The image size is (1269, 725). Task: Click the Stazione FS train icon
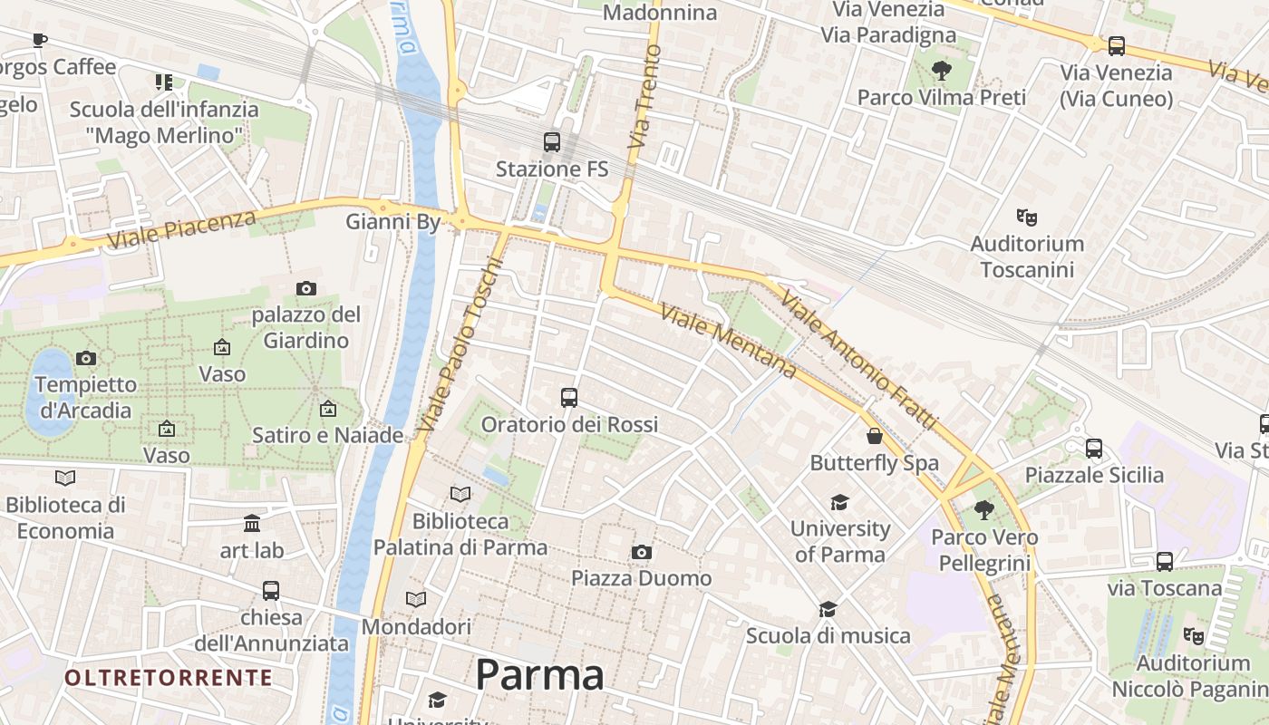click(551, 142)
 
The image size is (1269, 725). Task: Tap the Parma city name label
click(539, 675)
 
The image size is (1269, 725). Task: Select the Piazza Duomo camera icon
click(642, 552)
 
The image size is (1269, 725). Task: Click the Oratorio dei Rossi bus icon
click(569, 398)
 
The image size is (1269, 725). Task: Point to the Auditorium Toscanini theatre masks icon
click(1026, 217)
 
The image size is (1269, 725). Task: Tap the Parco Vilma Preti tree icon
click(942, 70)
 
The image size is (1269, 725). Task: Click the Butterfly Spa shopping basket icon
click(875, 436)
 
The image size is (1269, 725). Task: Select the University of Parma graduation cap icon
click(839, 502)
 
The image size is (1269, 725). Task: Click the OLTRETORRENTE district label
click(169, 678)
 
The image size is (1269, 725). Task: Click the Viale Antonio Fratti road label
click(857, 360)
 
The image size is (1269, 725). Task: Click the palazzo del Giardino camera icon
click(306, 288)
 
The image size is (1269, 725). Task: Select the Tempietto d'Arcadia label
click(85, 397)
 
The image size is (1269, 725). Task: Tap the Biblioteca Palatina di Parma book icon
click(460, 494)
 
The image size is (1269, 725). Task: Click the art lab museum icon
click(252, 524)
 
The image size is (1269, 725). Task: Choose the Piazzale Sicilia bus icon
click(1094, 448)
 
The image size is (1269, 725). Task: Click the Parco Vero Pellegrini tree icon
click(984, 510)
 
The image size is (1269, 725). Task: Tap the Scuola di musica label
click(828, 636)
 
